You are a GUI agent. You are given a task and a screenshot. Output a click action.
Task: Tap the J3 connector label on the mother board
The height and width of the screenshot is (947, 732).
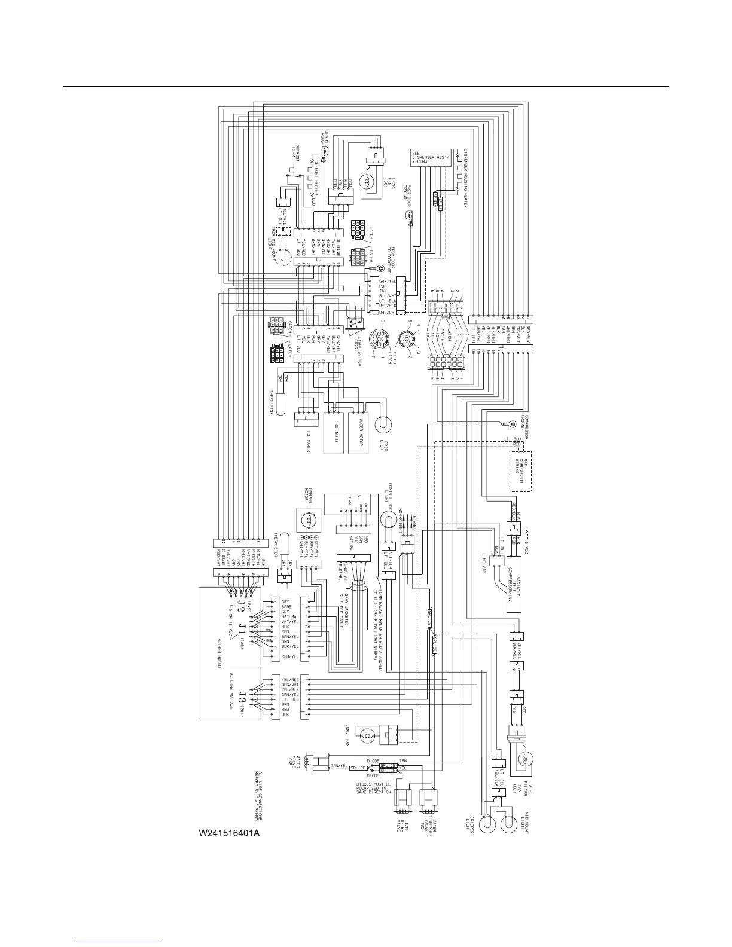tap(242, 698)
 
